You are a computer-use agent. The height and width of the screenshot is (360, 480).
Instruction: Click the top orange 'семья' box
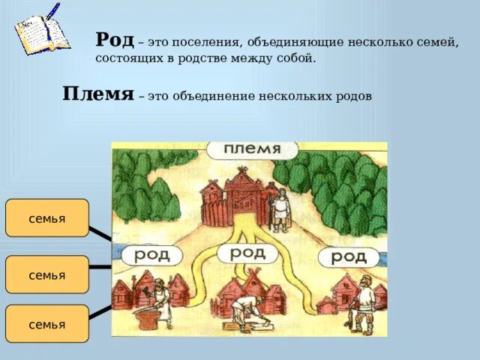click(x=47, y=218)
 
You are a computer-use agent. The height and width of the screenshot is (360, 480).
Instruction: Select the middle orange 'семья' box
click(x=47, y=274)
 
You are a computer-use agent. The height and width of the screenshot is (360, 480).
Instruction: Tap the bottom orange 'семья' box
click(x=47, y=324)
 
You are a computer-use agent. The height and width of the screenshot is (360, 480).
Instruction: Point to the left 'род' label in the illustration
click(x=152, y=256)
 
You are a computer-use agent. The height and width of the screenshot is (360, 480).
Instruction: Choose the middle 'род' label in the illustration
click(x=247, y=253)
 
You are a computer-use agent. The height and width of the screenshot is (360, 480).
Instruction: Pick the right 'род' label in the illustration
click(x=348, y=257)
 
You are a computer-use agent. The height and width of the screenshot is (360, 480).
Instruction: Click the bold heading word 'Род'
click(x=115, y=40)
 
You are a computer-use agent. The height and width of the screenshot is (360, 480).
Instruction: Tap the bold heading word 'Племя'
click(x=97, y=95)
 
